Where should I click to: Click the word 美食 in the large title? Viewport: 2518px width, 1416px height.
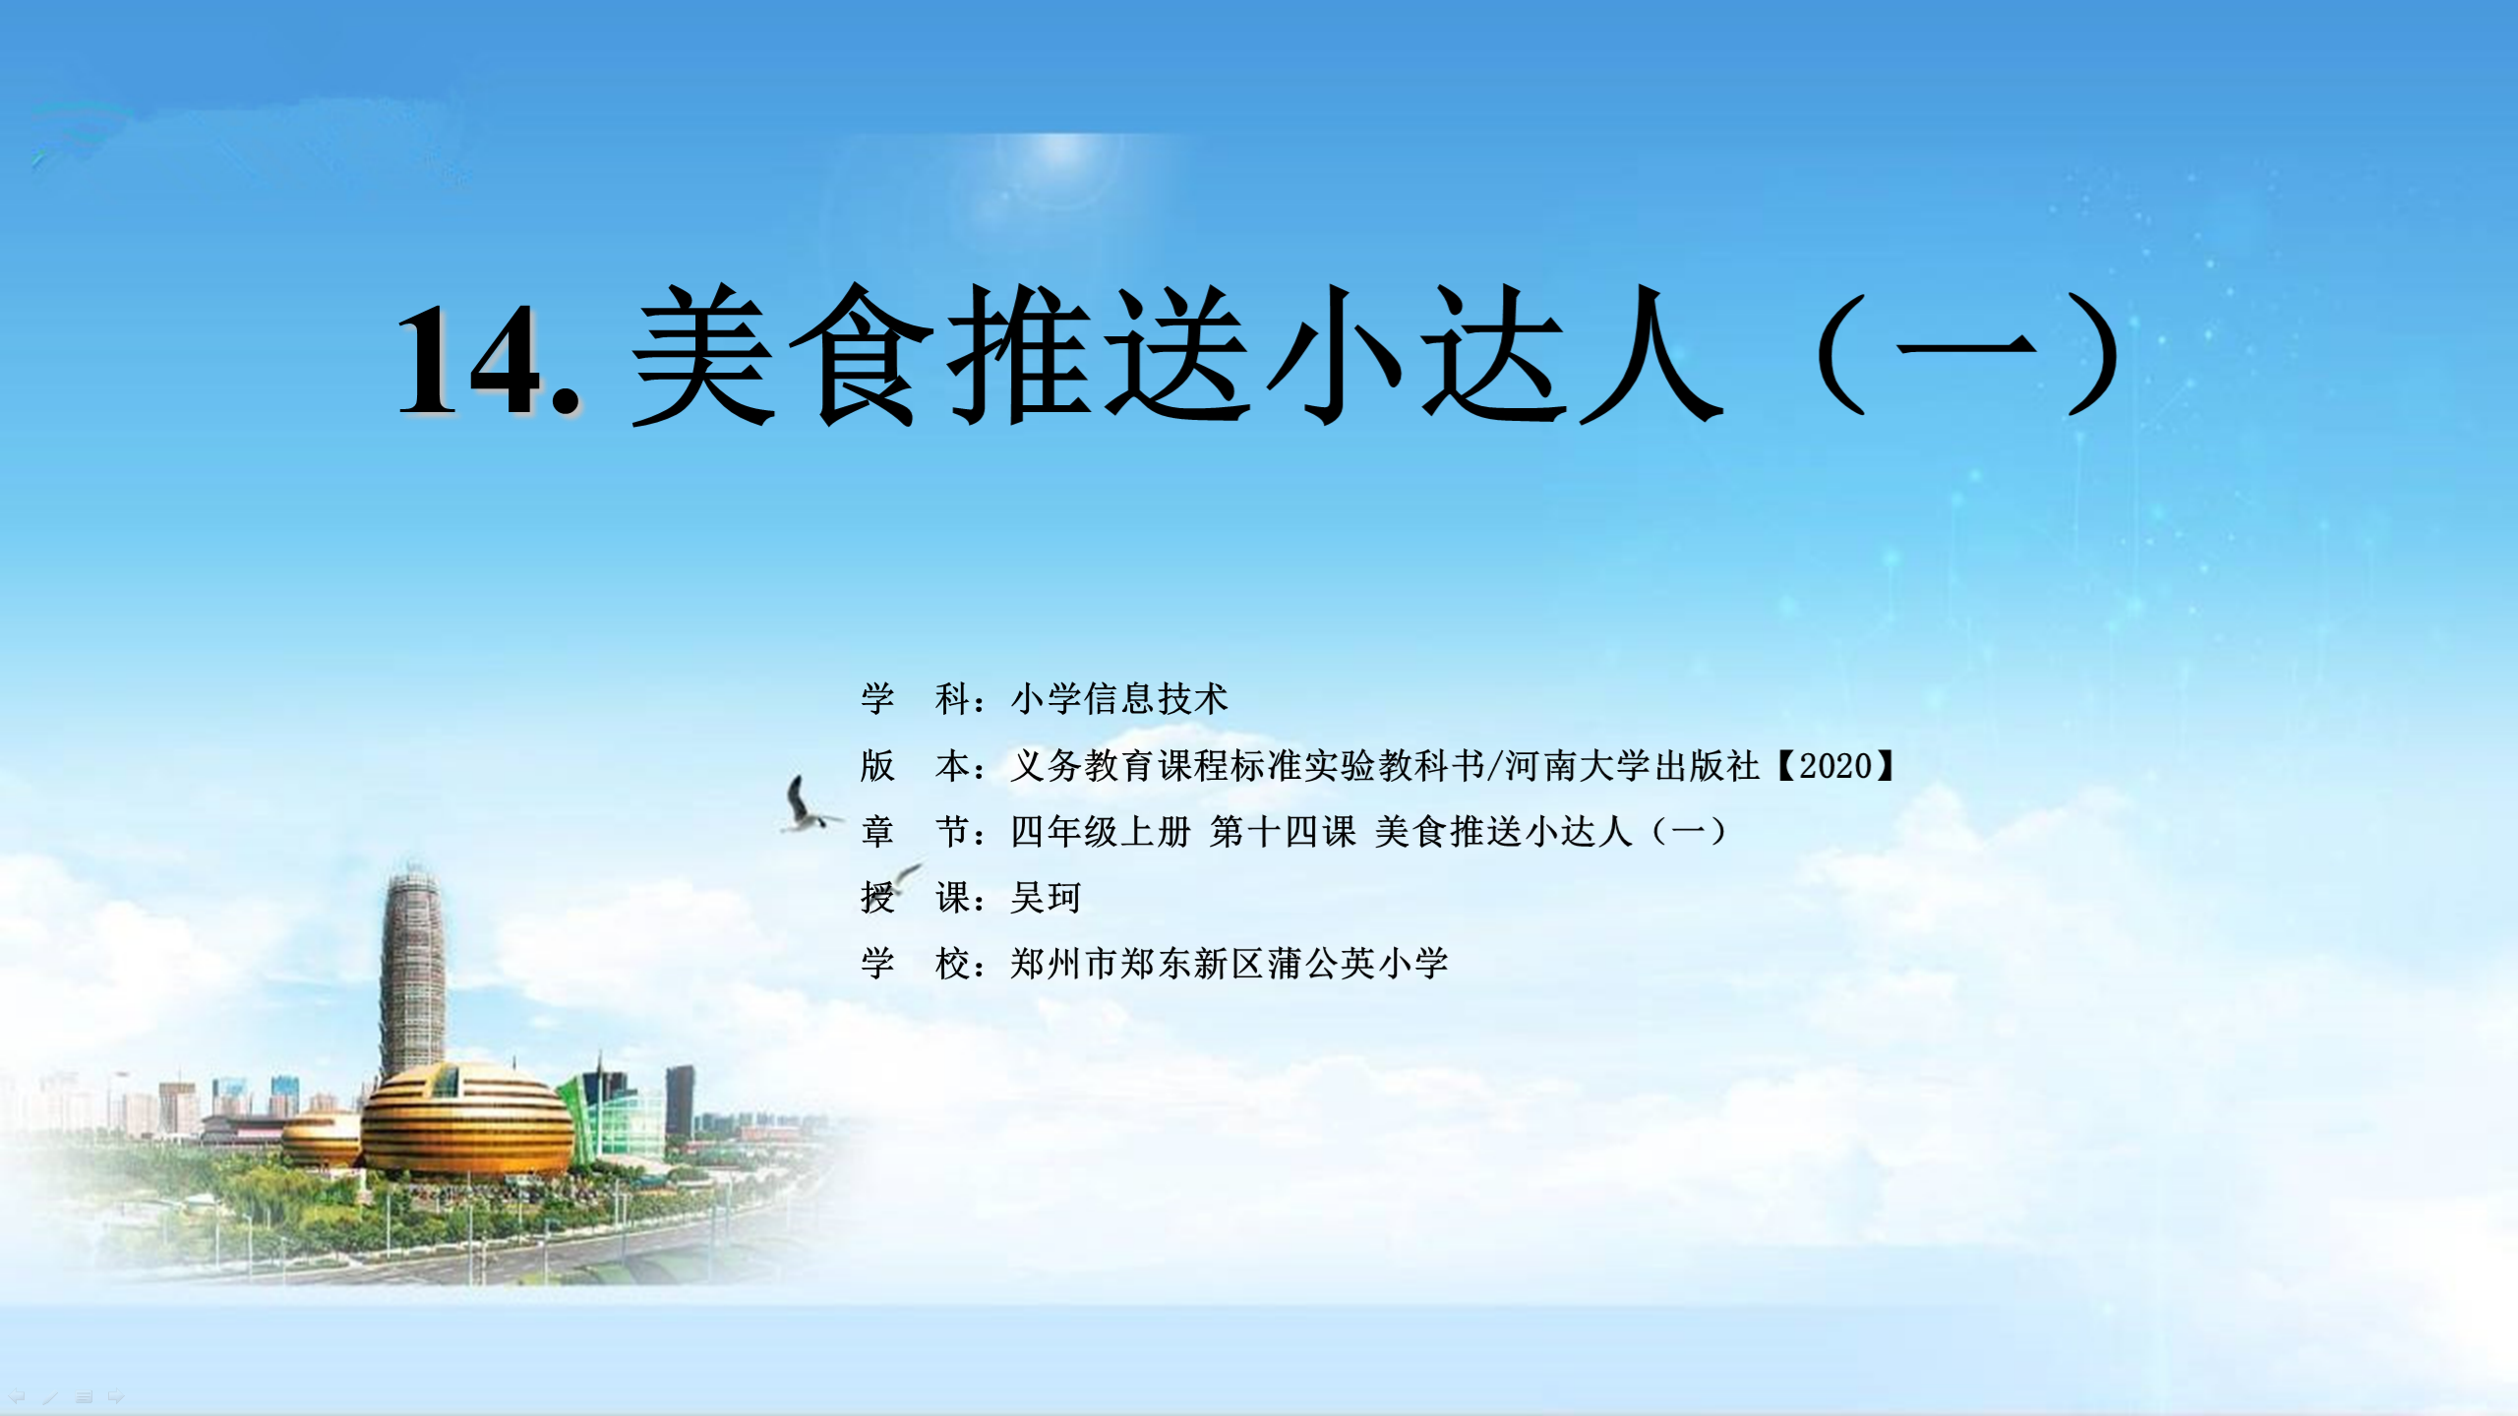point(783,356)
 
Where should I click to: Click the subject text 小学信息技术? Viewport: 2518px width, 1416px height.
point(1119,699)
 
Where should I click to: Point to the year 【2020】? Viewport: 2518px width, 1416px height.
point(1835,765)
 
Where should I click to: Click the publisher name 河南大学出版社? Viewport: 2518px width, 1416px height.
point(1632,765)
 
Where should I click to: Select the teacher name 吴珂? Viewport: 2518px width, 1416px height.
point(1046,898)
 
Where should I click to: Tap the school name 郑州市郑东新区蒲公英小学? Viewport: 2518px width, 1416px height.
point(1229,964)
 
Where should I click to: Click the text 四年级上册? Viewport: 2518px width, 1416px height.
point(1101,832)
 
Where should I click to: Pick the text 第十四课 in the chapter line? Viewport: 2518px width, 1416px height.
point(1283,832)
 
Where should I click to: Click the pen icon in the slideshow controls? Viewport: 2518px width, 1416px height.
point(50,1396)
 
